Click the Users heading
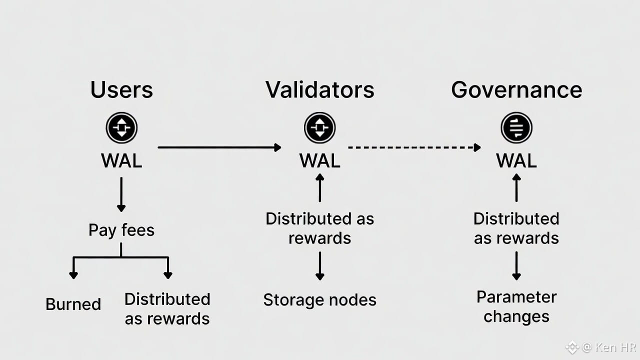pos(121,90)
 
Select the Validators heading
pos(320,90)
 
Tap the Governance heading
pos(516,90)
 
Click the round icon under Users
pos(121,128)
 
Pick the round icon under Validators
pos(320,128)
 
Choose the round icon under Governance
pos(516,128)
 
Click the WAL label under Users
pos(121,160)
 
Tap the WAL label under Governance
pos(516,160)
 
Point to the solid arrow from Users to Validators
pos(219,147)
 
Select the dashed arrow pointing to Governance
pos(414,147)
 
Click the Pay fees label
pos(121,230)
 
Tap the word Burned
pos(73,304)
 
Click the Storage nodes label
pos(320,300)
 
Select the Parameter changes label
pos(516,306)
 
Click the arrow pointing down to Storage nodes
pos(320,265)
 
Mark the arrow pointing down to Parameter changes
pos(516,265)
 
